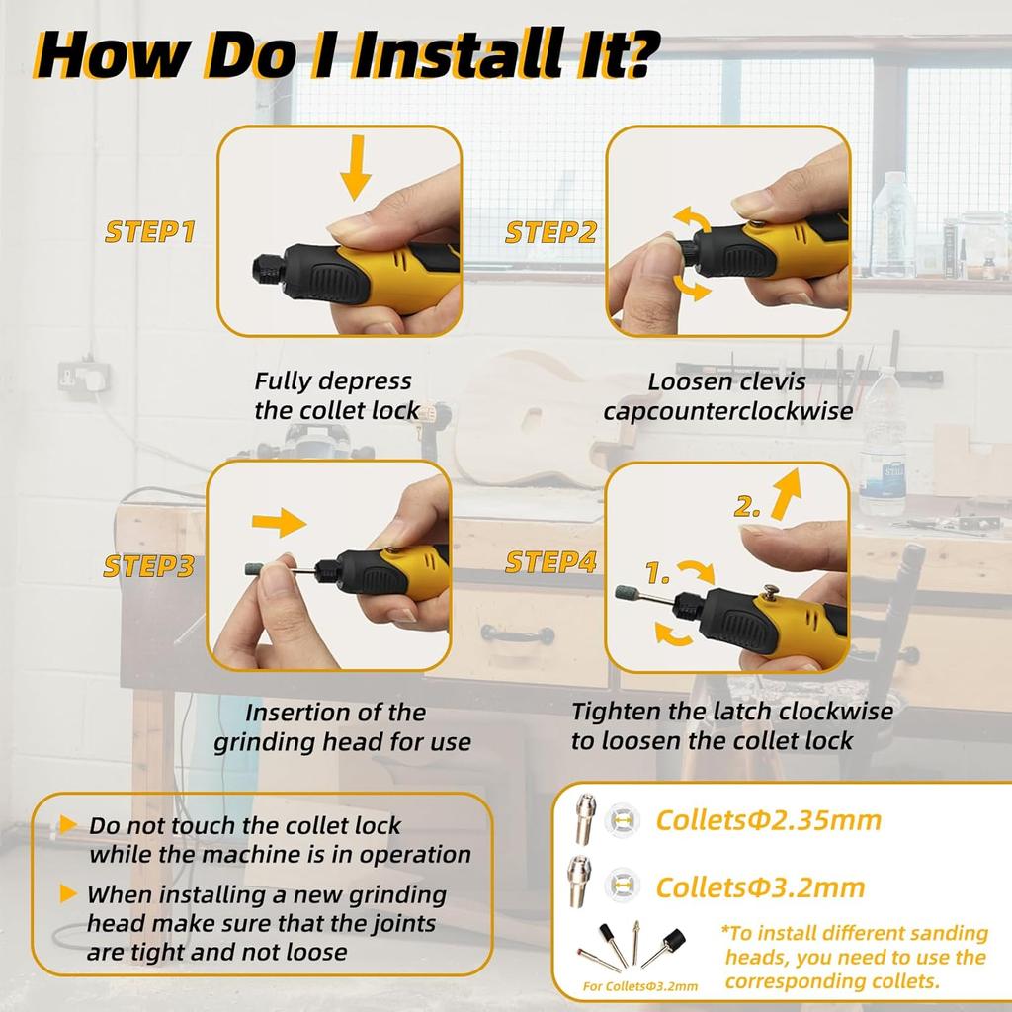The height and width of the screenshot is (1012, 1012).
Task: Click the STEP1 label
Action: coord(150,232)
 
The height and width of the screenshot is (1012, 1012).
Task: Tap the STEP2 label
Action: coord(550,232)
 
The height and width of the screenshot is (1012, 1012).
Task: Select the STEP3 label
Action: coord(149,566)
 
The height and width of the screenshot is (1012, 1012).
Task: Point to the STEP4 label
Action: coord(550,562)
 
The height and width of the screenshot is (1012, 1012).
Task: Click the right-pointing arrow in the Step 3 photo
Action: coord(281,522)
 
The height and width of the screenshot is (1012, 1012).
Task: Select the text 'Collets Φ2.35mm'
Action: coord(768,820)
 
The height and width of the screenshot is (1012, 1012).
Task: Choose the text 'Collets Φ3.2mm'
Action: coord(760,886)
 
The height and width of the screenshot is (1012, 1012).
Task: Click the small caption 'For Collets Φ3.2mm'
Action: coord(639,985)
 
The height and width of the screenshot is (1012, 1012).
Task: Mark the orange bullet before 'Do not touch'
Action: coord(67,824)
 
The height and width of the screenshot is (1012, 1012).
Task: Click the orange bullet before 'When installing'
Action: coord(67,894)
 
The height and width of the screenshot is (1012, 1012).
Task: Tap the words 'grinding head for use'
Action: coord(342,741)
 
